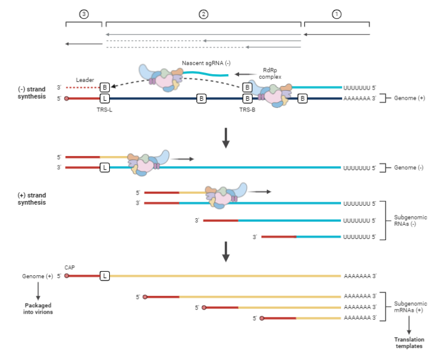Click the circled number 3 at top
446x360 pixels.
coord(84,14)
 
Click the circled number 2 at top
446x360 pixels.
coord(203,14)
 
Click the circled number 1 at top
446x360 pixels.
coord(337,14)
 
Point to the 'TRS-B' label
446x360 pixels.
coord(247,110)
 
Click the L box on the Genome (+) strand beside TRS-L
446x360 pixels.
coord(104,98)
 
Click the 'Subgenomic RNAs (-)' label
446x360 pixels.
coord(410,221)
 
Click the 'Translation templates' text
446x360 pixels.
coord(409,343)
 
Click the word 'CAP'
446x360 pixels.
coord(71,267)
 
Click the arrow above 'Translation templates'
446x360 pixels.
coord(409,326)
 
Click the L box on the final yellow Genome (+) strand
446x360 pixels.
coord(104,276)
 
